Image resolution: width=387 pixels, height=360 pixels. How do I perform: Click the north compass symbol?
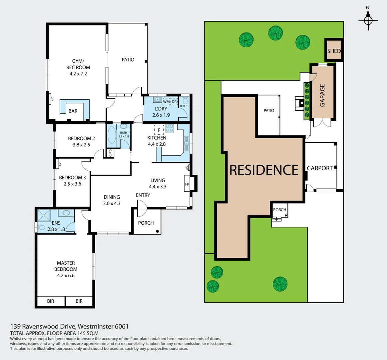click(x=368, y=20)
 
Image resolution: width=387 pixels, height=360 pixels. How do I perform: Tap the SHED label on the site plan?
click(x=334, y=51)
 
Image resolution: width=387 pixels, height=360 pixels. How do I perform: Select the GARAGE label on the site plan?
click(x=322, y=95)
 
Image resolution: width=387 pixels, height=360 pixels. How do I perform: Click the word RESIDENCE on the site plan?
click(x=264, y=170)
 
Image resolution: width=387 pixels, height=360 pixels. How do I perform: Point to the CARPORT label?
click(x=320, y=168)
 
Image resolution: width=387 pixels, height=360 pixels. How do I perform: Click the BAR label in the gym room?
click(x=73, y=111)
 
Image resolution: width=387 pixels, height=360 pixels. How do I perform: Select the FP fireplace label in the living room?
click(x=187, y=184)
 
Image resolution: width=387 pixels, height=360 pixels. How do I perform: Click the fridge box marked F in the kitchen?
click(x=159, y=130)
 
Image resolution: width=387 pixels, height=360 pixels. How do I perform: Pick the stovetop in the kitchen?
click(x=170, y=128)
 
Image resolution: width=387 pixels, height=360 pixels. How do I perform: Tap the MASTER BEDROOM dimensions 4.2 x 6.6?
click(x=66, y=276)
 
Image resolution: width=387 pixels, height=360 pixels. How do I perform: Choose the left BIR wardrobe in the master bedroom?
click(x=51, y=301)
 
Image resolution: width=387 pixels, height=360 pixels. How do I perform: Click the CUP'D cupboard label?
click(x=110, y=153)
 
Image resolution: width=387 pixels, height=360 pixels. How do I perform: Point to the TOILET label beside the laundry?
click(x=184, y=106)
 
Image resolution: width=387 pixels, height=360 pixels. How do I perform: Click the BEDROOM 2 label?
click(x=81, y=138)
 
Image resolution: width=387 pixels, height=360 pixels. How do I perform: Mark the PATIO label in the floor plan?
click(x=128, y=60)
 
